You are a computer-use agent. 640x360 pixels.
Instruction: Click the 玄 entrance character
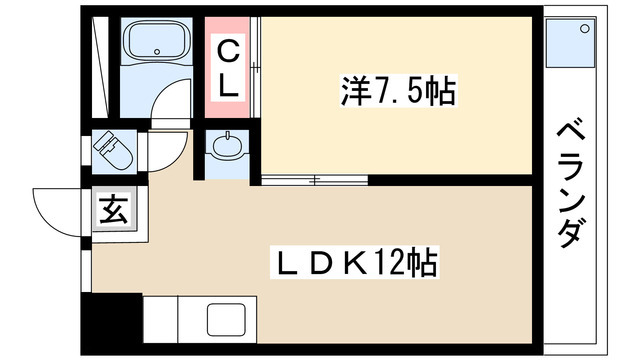(109, 211)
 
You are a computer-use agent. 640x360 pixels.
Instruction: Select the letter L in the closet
(229, 85)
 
